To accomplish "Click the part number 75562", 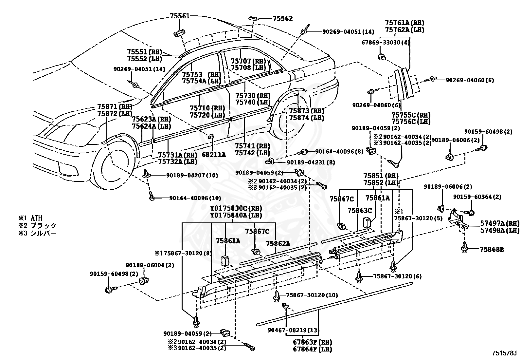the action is point(283,18).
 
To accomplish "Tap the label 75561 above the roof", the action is point(180,16).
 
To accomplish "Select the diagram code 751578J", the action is point(506,353).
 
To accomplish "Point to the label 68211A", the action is point(214,155).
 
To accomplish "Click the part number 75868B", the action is point(492,250).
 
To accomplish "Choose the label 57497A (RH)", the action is point(500,223).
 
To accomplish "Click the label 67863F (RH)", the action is point(312,342).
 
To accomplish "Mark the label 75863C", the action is point(360,211).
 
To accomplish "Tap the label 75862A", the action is point(278,244).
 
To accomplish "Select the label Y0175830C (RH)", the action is point(236,208).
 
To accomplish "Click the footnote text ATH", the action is point(37,218).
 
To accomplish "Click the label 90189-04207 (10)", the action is point(192,175).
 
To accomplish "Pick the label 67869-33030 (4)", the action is point(386,43).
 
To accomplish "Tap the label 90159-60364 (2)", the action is point(477,197).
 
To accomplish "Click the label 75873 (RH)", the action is point(307,111).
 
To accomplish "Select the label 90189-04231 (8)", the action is point(311,162).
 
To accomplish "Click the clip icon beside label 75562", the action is point(254,18).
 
